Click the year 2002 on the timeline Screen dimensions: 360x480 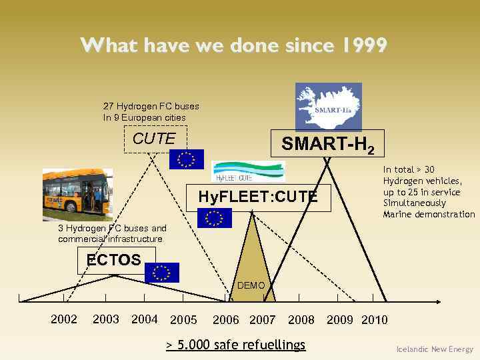coord(64,319)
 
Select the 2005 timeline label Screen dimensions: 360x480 coord(183,320)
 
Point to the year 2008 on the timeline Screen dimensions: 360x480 coord(301,320)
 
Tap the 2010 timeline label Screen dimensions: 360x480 coord(374,320)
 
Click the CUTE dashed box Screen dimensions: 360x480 coord(155,139)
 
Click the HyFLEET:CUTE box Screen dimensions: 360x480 coord(258,197)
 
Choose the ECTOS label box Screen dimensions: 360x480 coord(115,260)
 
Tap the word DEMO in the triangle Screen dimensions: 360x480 coord(251,285)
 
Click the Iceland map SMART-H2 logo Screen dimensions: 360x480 coord(328,106)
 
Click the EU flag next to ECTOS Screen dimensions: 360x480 coord(161,272)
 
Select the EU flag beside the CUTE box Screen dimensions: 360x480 coord(186,159)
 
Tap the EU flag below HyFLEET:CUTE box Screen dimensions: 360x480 coord(214,218)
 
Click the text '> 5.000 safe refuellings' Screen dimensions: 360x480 coord(235,345)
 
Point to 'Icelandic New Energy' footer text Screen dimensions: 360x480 coord(434,349)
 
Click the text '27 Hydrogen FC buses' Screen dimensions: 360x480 coord(151,106)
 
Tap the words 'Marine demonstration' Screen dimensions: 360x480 coord(429,214)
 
